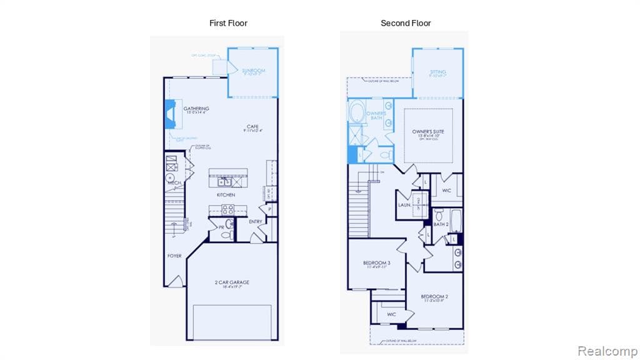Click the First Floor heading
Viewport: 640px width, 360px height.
pyautogui.click(x=228, y=23)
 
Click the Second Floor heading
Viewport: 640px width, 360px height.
pyautogui.click(x=406, y=23)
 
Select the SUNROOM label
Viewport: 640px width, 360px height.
pyautogui.click(x=254, y=71)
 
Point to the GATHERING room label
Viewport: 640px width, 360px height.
pyautogui.click(x=196, y=109)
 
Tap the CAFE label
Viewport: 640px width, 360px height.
pyautogui.click(x=252, y=127)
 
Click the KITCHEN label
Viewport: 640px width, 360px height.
pyautogui.click(x=226, y=195)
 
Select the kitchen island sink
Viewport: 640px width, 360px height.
pyautogui.click(x=224, y=182)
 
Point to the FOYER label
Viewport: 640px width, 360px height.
pyautogui.click(x=174, y=256)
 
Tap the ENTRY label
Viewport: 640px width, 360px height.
pyautogui.click(x=255, y=222)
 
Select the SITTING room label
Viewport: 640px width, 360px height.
pyautogui.click(x=437, y=72)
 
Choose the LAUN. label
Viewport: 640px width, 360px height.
pyautogui.click(x=404, y=205)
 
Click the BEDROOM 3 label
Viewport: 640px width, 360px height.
pyautogui.click(x=376, y=262)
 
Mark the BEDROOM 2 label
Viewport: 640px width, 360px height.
pyautogui.click(x=433, y=297)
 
